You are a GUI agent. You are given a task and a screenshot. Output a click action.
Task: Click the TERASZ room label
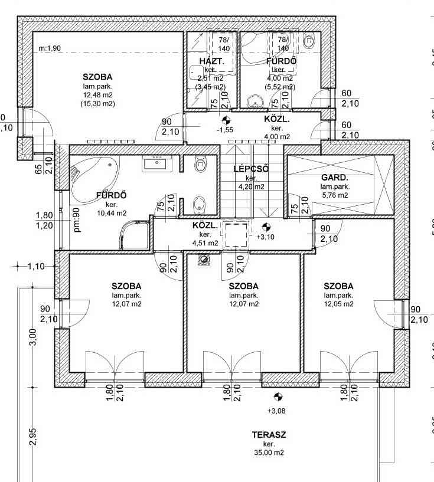click(269, 435)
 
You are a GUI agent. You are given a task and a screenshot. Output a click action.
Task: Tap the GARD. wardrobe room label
click(334, 177)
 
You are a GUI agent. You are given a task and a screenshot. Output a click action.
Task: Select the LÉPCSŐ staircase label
click(251, 169)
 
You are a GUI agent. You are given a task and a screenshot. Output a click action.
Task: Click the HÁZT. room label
click(210, 61)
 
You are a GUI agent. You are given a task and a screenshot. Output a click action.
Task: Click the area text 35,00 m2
click(269, 453)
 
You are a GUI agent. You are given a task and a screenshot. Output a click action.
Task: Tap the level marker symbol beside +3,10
click(265, 226)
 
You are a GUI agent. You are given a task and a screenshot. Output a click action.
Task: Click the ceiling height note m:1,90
click(50, 48)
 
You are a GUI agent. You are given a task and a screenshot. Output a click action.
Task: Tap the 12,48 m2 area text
click(97, 94)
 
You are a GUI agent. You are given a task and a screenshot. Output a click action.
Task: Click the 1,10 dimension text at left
click(36, 267)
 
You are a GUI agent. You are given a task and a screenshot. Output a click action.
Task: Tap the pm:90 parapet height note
click(76, 219)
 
